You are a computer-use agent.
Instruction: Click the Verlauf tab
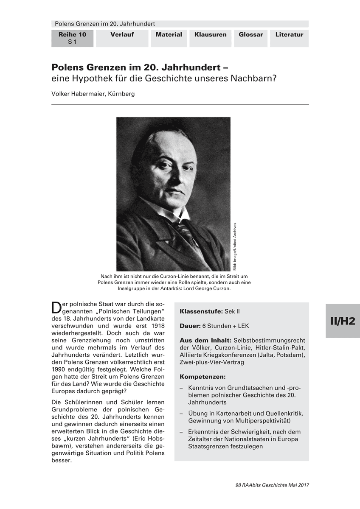click(x=122, y=35)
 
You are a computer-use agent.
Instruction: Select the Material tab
click(x=169, y=35)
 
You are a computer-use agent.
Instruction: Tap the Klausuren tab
click(x=210, y=35)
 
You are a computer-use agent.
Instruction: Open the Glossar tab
click(x=250, y=35)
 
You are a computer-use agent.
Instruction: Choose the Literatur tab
click(x=289, y=35)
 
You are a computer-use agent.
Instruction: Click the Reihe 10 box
click(x=72, y=38)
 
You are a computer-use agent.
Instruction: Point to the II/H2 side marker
click(x=343, y=321)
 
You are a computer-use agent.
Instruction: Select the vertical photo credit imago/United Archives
click(x=235, y=246)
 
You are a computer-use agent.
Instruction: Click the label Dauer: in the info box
click(x=189, y=326)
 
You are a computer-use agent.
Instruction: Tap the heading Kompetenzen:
click(x=202, y=377)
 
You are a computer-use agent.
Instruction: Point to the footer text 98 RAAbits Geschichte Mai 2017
click(x=272, y=485)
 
